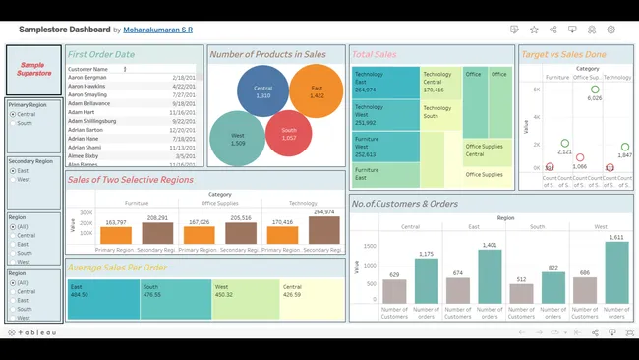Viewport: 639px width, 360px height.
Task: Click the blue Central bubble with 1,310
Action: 261,90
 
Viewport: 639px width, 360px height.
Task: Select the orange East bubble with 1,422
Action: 316,90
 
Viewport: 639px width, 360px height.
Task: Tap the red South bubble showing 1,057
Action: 289,134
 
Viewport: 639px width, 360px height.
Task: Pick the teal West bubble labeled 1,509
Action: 237,139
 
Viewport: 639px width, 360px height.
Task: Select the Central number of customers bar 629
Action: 394,291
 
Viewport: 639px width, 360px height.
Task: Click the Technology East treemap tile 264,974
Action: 384,82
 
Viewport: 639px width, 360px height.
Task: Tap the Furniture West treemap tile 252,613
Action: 384,147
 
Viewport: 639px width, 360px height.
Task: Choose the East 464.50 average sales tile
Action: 102,299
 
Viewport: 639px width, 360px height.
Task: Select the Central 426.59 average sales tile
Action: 306,299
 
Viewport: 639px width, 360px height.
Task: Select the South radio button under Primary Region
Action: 12,124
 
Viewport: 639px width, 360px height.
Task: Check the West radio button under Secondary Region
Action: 12,180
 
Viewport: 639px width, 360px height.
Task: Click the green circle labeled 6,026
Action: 595,90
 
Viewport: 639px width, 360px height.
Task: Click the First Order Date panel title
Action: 101,54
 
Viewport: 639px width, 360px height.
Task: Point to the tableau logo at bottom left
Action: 32,332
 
